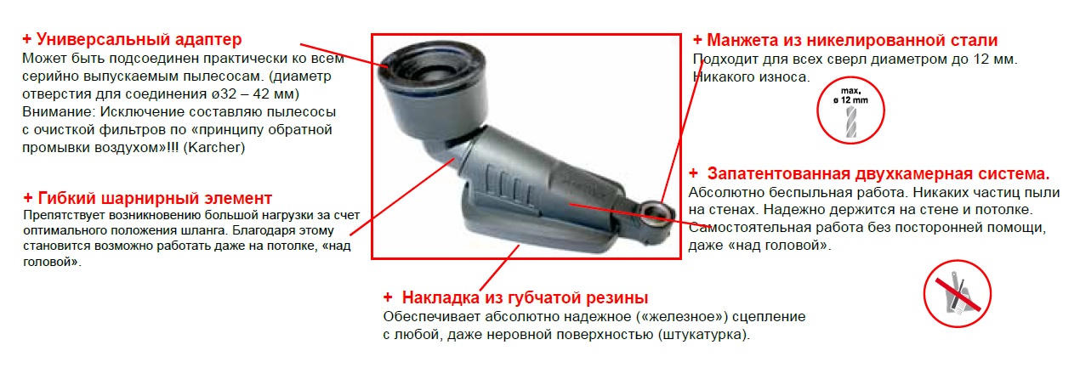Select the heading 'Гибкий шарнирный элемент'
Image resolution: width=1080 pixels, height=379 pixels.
155,198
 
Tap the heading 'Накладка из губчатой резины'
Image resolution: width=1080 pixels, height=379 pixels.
525,297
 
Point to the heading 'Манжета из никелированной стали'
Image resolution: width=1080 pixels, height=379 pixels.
853,40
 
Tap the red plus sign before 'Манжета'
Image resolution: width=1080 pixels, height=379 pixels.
697,40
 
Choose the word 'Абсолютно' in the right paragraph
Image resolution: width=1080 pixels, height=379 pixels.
723,191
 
